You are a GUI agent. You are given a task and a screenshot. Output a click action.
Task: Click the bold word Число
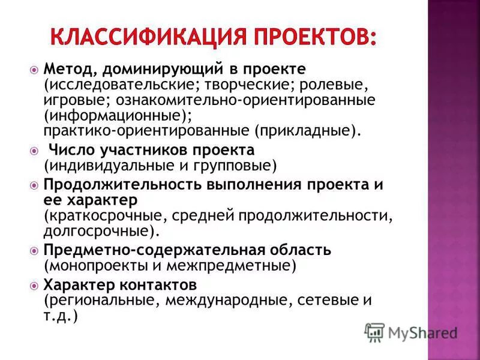[69, 149]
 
